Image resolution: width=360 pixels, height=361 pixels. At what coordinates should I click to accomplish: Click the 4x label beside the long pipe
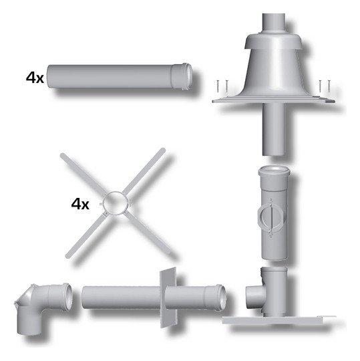[35, 78]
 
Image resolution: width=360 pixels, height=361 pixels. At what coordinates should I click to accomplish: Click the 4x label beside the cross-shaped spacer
[80, 204]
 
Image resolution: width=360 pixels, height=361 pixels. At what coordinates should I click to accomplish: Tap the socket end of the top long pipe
[182, 76]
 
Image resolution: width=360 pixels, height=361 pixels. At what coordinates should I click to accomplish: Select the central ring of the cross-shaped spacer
[116, 203]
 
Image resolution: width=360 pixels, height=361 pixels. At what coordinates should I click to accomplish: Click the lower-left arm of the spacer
[85, 235]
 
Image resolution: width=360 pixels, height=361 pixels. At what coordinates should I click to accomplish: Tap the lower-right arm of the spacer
[147, 232]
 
